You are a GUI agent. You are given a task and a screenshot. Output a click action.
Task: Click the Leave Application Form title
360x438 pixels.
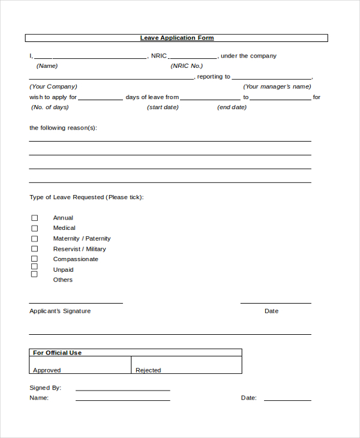click(177, 38)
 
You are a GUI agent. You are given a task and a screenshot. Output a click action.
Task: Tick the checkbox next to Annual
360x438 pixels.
click(34, 218)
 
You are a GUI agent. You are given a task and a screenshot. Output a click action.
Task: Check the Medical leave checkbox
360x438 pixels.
click(34, 228)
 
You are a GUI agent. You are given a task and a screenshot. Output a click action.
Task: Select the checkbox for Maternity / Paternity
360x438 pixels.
click(34, 238)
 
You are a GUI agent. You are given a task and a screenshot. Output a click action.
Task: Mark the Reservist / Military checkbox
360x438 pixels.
click(34, 248)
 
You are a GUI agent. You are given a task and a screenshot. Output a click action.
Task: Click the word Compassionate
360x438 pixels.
click(76, 259)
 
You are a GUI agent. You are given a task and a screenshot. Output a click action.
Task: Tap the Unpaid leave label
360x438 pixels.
click(63, 269)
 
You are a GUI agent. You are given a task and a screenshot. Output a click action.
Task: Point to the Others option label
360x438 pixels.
click(62, 280)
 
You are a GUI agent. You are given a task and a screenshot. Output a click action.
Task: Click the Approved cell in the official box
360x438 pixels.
click(80, 365)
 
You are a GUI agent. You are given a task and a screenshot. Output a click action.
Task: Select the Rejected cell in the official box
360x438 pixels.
click(186, 365)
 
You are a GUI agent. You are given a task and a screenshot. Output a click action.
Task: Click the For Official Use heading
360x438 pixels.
click(57, 353)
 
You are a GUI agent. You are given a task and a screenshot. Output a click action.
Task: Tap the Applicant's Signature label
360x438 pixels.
click(60, 311)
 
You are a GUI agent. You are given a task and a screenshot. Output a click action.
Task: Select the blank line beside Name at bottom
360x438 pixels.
click(122, 399)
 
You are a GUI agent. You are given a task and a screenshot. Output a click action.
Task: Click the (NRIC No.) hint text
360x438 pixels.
click(187, 66)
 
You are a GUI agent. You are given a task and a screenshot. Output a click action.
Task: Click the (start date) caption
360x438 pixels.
click(163, 107)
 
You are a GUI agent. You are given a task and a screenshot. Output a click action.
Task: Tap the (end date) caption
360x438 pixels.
click(232, 107)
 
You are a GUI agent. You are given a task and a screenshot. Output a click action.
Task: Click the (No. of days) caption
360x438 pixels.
click(50, 107)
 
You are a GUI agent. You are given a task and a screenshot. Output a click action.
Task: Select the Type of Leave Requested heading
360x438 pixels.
click(86, 197)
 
